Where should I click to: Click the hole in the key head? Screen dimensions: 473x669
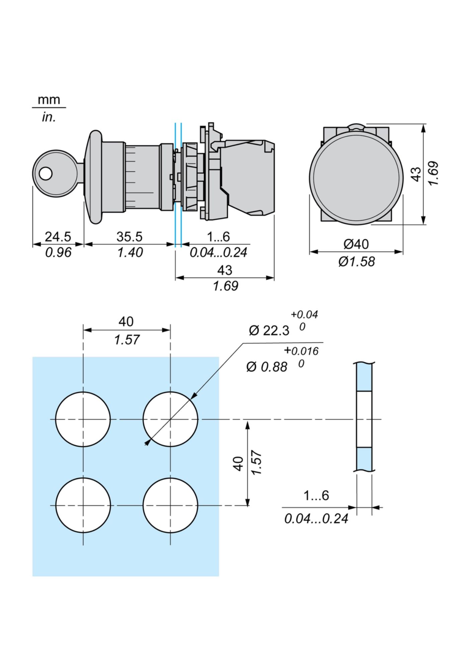(x=46, y=173)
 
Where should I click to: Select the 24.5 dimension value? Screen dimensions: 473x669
(x=58, y=237)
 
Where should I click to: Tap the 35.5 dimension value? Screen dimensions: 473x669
(x=129, y=237)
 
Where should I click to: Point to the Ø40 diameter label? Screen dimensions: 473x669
(x=356, y=244)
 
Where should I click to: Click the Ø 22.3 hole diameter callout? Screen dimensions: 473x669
(x=269, y=331)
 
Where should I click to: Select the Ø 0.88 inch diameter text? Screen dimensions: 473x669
(x=267, y=367)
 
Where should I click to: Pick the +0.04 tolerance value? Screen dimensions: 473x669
(x=304, y=314)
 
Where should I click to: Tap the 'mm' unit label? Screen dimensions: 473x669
(x=49, y=100)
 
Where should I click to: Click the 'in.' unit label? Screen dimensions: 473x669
(x=49, y=117)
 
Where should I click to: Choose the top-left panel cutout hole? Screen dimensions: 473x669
(x=83, y=419)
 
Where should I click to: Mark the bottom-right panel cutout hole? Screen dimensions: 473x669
(x=170, y=505)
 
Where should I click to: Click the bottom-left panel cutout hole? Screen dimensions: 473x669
(x=83, y=505)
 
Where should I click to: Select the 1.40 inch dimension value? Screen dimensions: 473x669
(x=130, y=252)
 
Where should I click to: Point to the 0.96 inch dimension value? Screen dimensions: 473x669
(x=58, y=252)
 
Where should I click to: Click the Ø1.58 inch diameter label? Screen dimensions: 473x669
(x=357, y=262)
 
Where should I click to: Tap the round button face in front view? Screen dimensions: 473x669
(x=356, y=177)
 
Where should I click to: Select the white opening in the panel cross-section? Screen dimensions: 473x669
(x=364, y=419)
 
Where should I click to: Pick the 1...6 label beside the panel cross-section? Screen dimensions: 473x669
(x=316, y=495)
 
